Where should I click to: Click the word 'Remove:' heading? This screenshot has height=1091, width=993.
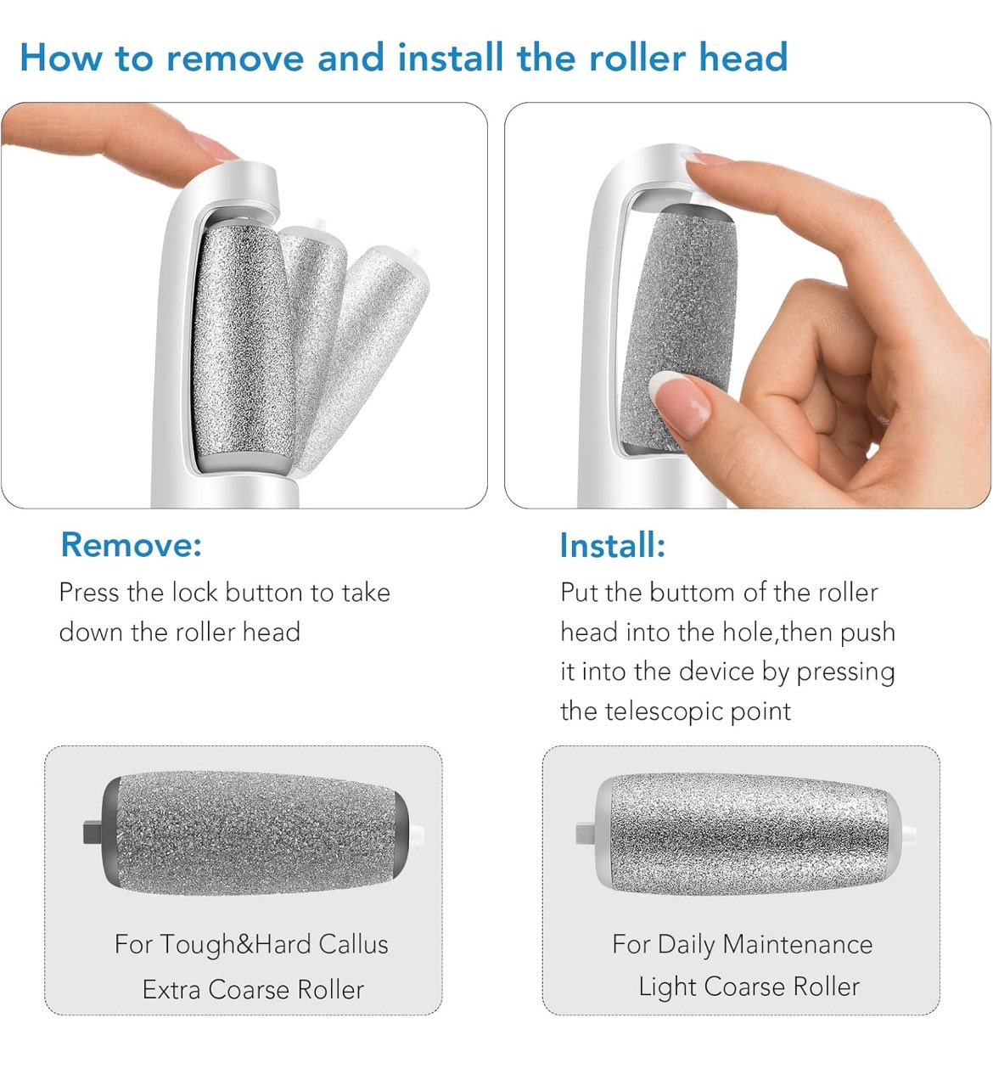131,544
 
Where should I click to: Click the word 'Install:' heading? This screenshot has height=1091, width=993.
613,545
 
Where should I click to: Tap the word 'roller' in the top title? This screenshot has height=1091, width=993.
637,58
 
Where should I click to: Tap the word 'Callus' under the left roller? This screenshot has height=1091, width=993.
353,944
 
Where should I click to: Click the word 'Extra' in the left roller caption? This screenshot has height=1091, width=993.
171,989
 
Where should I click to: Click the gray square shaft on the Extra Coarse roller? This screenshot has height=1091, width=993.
93,833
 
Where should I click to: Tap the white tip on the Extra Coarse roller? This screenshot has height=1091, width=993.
417,833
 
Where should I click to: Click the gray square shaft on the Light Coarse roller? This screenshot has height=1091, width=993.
586,833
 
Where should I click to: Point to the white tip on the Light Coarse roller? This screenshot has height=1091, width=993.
909,833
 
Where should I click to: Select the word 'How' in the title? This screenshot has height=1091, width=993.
61,58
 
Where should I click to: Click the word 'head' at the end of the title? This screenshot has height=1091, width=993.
743,58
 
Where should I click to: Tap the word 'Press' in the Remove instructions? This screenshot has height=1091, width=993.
89,593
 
